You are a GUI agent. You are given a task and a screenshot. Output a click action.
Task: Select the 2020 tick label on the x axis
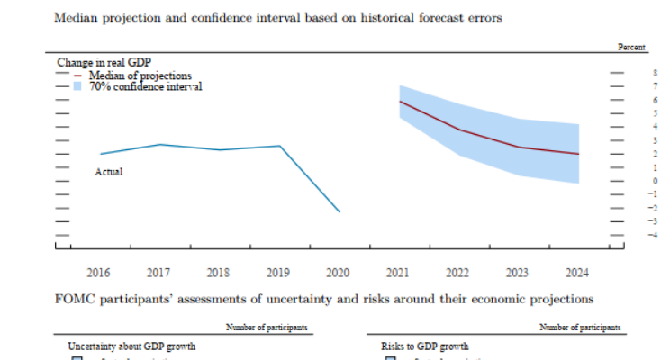(x=339, y=271)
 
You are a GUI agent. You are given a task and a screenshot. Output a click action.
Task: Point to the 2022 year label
(x=457, y=271)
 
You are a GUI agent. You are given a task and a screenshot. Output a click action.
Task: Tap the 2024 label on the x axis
(x=576, y=271)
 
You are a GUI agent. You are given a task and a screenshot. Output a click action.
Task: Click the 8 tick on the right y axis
(x=629, y=72)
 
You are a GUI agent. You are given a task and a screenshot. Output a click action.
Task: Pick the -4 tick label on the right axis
(x=629, y=235)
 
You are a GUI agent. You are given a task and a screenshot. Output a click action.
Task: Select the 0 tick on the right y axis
(x=629, y=181)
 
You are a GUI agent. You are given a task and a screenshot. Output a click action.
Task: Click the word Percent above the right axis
(x=632, y=46)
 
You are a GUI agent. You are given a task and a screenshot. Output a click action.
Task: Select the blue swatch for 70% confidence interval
(x=78, y=86)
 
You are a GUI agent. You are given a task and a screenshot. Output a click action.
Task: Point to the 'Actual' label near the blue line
(x=108, y=171)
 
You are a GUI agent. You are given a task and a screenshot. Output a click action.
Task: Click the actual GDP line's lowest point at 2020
(x=339, y=211)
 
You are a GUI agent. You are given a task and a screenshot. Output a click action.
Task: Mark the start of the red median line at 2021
(x=399, y=102)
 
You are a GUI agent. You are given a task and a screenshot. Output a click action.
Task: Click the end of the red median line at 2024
(x=577, y=154)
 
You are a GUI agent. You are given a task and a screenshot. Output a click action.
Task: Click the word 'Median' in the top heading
(x=75, y=16)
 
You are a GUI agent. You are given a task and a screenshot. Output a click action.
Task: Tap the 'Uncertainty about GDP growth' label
(x=131, y=346)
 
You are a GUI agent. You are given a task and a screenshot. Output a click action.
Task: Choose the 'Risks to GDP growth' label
(x=426, y=346)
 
